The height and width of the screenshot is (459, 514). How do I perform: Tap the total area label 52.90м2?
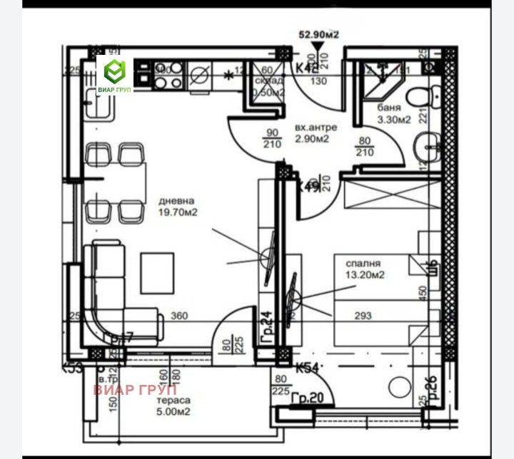pyautogui.click(x=319, y=33)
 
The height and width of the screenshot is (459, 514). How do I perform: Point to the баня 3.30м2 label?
pyautogui.click(x=393, y=114)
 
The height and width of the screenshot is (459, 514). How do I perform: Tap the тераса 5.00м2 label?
pyautogui.click(x=173, y=406)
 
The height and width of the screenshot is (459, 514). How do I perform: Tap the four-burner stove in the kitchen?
pyautogui.click(x=165, y=76)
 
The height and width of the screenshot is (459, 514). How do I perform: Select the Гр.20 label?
pyautogui.click(x=308, y=399)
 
